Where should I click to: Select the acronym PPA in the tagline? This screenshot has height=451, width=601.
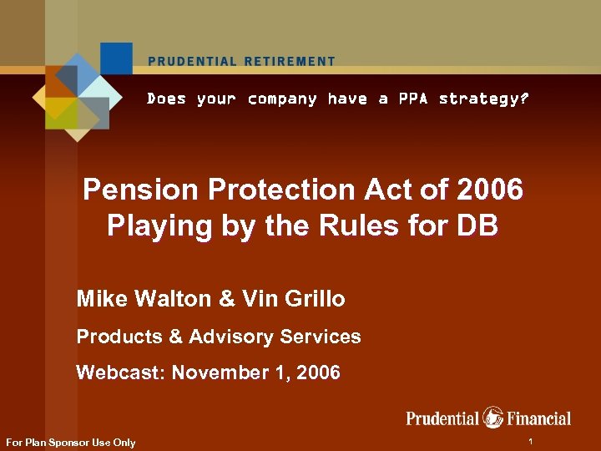coord(413,99)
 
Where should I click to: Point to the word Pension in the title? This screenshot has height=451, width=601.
coord(142,190)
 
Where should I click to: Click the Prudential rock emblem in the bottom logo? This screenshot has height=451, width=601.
coord(493,417)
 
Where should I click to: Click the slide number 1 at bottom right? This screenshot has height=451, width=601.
coord(531,439)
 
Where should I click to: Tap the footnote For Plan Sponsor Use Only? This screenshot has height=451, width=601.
coord(70,442)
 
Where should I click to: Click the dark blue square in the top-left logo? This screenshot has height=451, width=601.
coord(116,58)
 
